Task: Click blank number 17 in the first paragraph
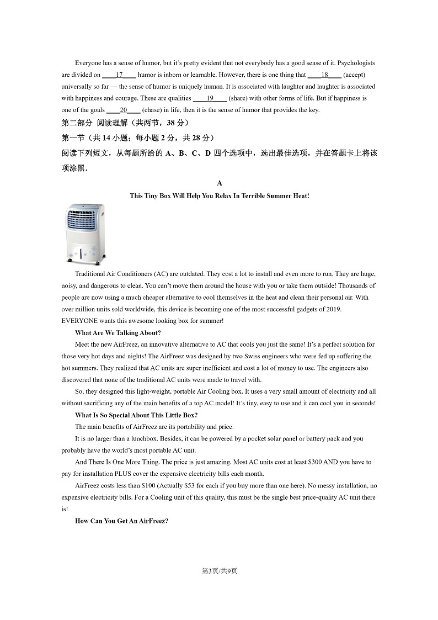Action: [119, 75]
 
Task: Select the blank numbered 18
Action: [324, 75]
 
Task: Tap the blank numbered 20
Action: [124, 110]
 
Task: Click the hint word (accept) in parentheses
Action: [354, 75]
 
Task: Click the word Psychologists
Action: [356, 63]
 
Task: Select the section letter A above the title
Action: [220, 183]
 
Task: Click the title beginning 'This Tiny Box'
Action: [220, 195]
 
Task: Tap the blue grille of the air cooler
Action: [84, 220]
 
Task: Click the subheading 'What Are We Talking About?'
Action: [118, 333]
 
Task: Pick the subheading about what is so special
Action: [136, 415]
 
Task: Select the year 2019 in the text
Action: [334, 309]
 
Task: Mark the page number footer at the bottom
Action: [219, 571]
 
